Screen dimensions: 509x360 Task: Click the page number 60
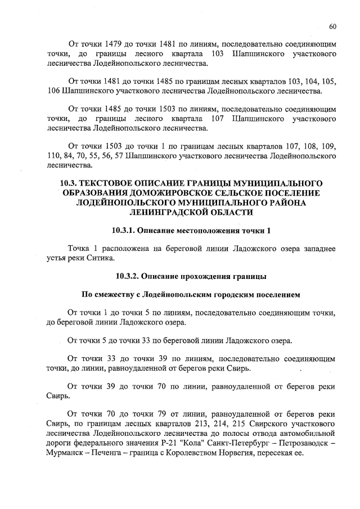pyautogui.click(x=332, y=26)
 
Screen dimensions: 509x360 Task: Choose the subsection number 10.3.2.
pyautogui.click(x=127, y=276)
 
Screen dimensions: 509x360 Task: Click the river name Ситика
pyautogui.click(x=102, y=258)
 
